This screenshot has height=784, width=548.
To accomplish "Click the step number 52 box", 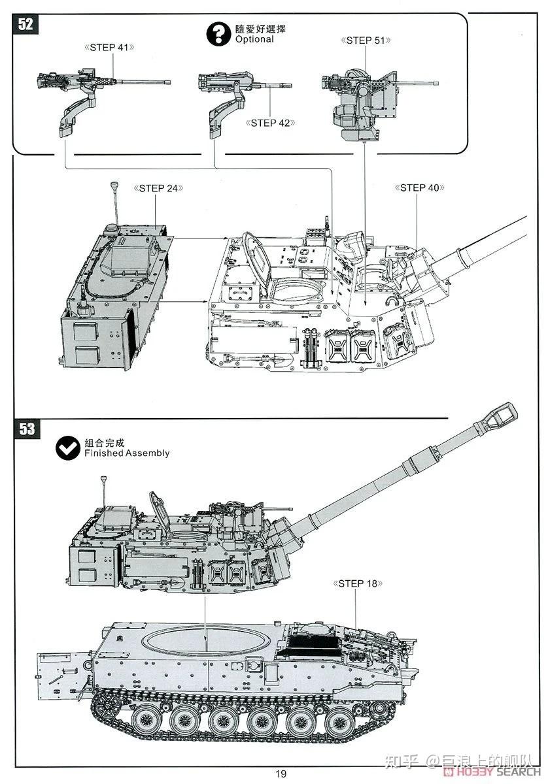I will pos(26,24).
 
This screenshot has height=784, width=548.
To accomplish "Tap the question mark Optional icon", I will pos(217,34).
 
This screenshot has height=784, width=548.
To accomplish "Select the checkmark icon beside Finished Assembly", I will pos(67,448).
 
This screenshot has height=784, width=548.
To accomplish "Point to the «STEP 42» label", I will pos(271,122).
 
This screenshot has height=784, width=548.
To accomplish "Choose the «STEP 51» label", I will pos(366,41).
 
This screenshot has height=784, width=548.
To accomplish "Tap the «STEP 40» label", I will pos(419,188).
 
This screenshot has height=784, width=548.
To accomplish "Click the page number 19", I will pos(280,774).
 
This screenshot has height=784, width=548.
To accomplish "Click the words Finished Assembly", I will pos(127,453).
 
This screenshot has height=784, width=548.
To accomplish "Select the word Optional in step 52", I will pos(254,39).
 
